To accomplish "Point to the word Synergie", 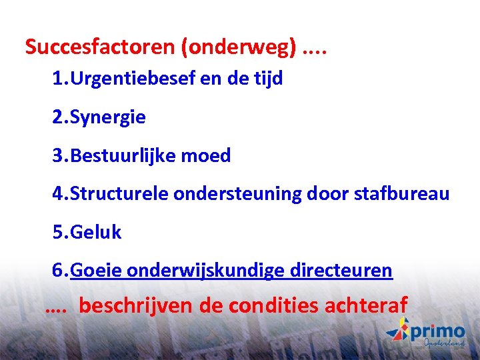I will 107,117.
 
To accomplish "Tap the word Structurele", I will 119,194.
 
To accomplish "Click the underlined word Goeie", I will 95,271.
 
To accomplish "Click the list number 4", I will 58,194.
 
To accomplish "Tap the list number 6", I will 58,271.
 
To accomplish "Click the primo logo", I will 427,332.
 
